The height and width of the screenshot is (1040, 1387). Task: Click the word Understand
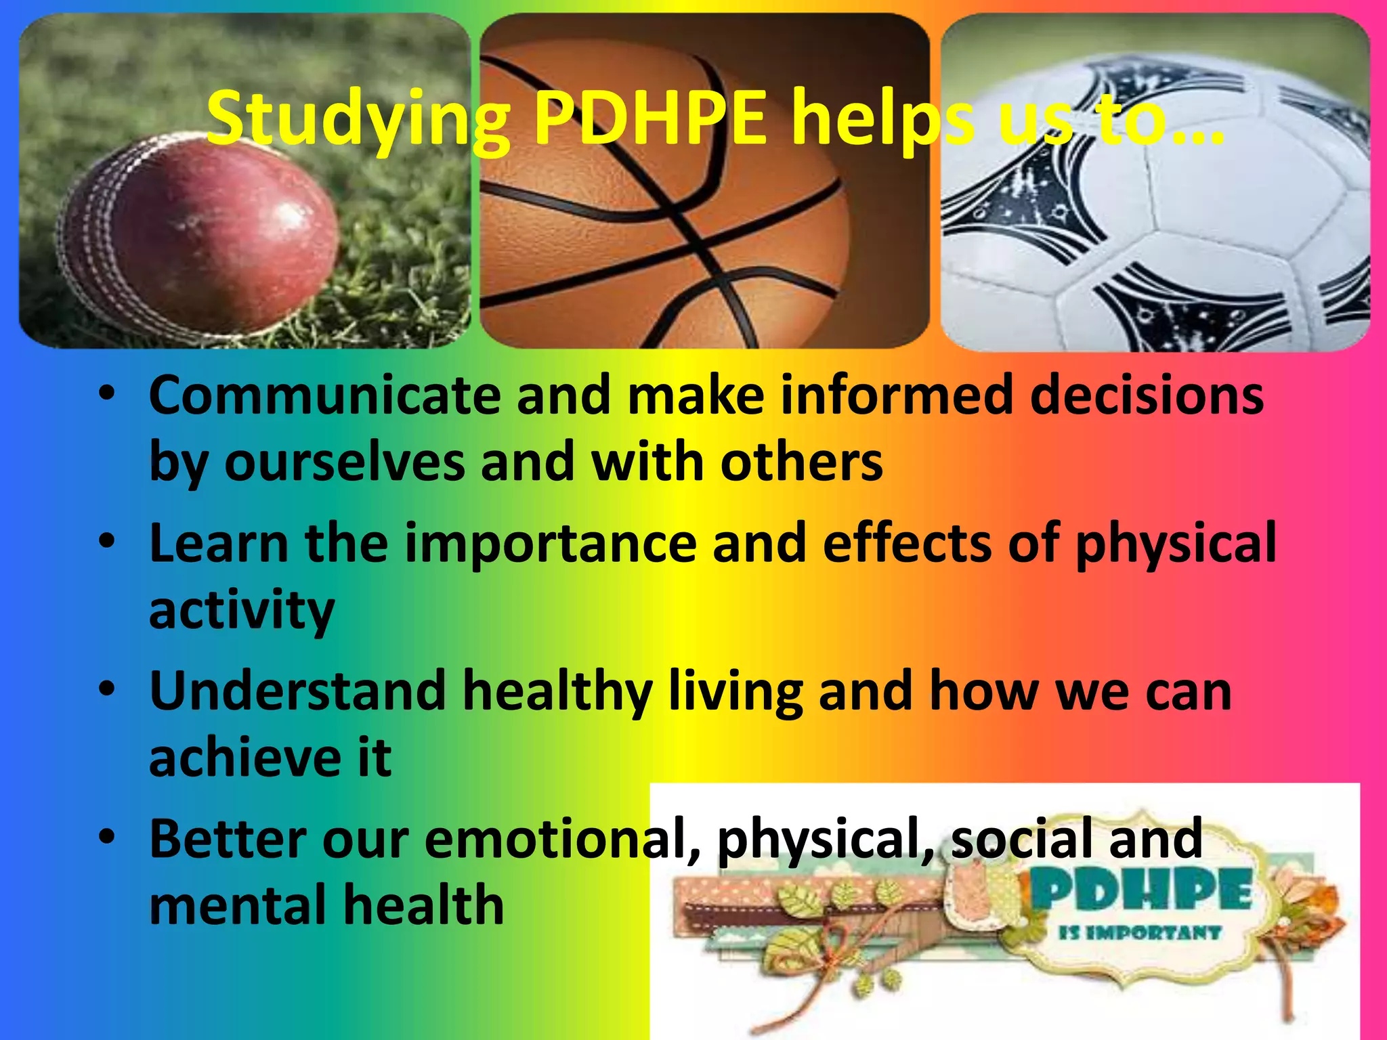coord(298,691)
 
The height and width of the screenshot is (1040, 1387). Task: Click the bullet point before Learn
coord(107,542)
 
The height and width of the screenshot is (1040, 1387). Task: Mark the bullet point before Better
coord(107,837)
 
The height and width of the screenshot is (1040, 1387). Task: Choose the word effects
coord(908,543)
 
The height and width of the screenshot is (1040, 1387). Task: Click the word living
coord(735,691)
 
